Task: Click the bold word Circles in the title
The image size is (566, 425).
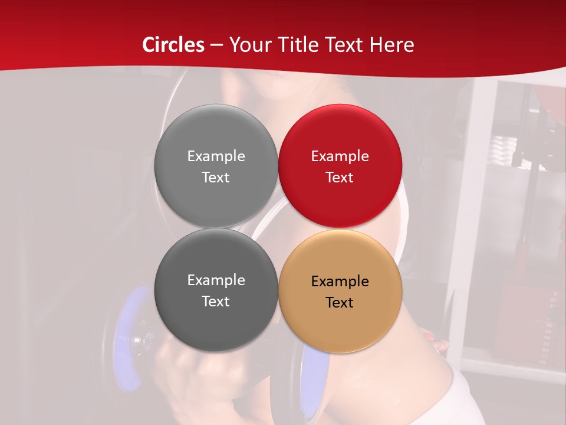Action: point(173,45)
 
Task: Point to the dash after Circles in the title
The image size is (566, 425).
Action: point(216,45)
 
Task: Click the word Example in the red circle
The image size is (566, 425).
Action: point(340,156)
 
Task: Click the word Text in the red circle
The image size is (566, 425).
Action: point(340,177)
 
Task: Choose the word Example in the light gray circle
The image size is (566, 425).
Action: point(216,156)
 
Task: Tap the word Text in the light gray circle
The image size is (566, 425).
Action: point(216,177)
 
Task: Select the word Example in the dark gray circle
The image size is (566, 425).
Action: point(216,280)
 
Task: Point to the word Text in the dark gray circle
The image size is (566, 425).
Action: point(216,301)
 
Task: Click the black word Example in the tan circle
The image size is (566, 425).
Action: point(340,282)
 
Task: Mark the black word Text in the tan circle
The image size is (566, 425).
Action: point(340,302)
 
